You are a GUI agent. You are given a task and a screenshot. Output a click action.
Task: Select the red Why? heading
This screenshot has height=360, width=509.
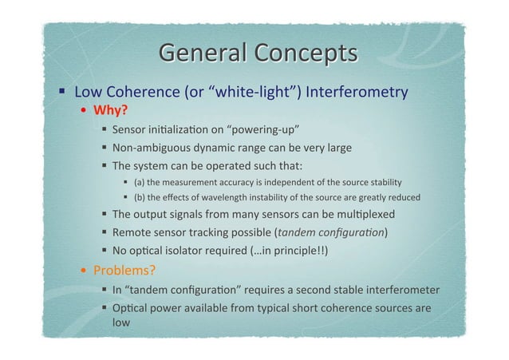click(x=111, y=109)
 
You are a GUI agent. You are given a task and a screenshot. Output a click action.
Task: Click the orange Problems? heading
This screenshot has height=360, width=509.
click(x=124, y=268)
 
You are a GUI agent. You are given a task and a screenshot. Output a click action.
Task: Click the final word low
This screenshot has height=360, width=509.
click(x=121, y=324)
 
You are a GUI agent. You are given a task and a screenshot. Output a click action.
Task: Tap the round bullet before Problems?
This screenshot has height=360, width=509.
click(x=85, y=269)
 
